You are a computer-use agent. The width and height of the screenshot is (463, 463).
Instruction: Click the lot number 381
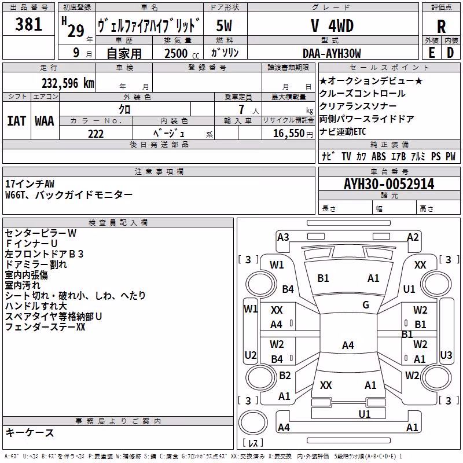coord(28,24)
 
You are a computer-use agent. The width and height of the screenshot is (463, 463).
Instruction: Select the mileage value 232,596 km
coord(68,83)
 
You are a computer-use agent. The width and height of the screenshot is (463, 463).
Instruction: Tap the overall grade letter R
coord(441,27)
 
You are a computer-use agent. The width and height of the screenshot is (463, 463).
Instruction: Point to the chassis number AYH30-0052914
coord(389,184)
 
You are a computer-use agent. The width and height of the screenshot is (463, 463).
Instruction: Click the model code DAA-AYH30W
coord(332,53)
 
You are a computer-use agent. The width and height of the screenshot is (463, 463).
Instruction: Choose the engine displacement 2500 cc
coord(182,53)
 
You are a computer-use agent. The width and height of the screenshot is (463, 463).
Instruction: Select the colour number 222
coord(95,134)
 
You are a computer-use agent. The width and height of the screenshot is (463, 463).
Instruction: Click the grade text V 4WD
coord(332,25)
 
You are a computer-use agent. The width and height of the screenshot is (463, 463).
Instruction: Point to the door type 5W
coord(224,25)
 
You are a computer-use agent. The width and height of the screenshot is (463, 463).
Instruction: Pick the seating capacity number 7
coord(241,109)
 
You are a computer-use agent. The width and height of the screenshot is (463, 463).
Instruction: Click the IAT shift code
coord(16,121)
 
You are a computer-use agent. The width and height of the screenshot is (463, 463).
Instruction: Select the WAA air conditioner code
coord(45,121)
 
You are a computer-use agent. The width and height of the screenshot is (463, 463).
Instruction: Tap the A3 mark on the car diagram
coord(283,237)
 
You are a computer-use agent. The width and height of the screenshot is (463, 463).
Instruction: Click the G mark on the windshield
coord(366,304)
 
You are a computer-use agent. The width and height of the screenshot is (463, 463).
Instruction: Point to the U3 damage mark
coord(446,355)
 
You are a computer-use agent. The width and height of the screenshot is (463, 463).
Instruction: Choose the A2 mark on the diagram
coord(413,237)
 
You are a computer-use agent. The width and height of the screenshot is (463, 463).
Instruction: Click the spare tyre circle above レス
coord(253,422)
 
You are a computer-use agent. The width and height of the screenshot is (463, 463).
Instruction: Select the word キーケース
coord(30,432)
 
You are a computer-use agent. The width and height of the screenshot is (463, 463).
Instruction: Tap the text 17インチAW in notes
coord(30,184)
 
